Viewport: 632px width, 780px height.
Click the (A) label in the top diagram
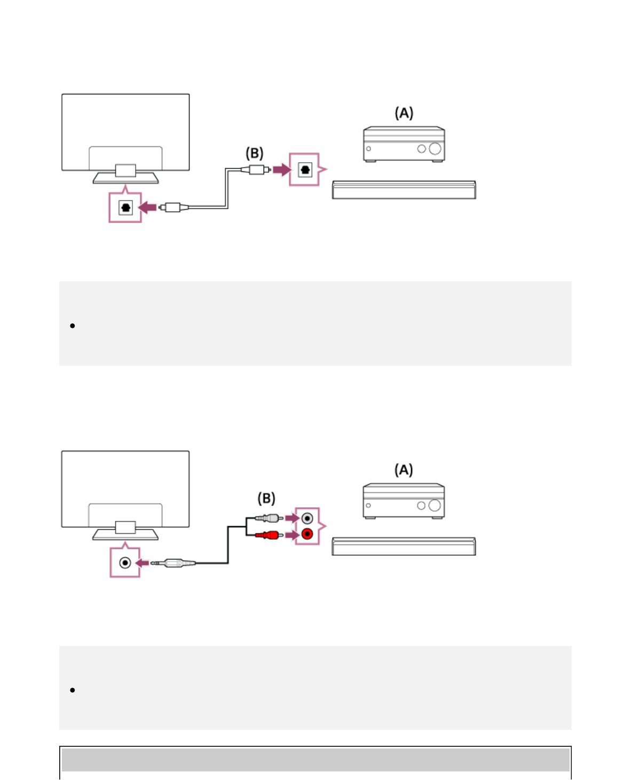404,113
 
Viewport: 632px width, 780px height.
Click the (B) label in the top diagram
254,154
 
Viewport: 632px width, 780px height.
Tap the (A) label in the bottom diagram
404,470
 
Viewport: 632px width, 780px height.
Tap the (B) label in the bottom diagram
266,499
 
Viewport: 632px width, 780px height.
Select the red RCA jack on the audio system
307,534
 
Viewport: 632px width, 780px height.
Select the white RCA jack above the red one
307,518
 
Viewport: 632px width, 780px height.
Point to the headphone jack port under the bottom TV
125,563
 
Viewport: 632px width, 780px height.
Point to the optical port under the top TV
125,207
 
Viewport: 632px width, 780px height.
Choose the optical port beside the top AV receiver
305,170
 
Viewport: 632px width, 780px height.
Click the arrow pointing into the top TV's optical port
147,207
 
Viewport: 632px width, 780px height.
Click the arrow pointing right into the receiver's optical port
281,170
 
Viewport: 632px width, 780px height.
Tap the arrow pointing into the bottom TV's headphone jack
143,563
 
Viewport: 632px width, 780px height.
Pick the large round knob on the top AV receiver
435,149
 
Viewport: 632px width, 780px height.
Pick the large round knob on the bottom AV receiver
434,506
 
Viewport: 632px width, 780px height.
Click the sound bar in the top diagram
404,190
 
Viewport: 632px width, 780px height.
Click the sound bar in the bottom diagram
404,547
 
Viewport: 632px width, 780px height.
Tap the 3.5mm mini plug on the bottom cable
174,563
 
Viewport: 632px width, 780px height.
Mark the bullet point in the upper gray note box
73,326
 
